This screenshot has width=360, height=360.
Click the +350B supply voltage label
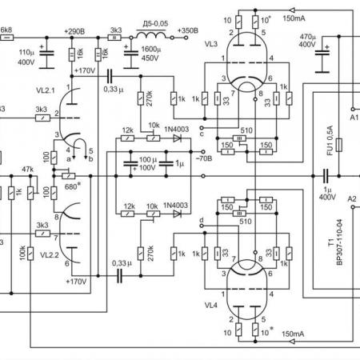click(x=188, y=30)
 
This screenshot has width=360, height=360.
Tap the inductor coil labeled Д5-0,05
click(x=151, y=35)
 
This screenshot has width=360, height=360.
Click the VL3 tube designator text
click(x=211, y=44)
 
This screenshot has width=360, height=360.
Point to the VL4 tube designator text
click(x=211, y=306)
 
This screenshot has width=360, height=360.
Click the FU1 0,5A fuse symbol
click(x=338, y=145)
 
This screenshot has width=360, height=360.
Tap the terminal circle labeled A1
click(x=353, y=109)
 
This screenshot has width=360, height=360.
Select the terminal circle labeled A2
click(x=353, y=207)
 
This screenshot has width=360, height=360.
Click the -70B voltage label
click(x=204, y=158)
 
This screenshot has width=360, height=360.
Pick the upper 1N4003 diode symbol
click(x=177, y=138)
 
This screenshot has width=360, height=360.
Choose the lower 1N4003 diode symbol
click(x=177, y=214)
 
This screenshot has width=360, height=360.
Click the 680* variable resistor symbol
click(x=68, y=176)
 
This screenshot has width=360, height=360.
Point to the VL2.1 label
click(x=46, y=90)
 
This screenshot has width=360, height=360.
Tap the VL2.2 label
click(x=50, y=255)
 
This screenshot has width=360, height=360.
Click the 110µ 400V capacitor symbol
click(x=47, y=53)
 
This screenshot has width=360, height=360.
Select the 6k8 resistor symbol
click(x=7, y=38)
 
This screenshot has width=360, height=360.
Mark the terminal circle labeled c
click(x=202, y=128)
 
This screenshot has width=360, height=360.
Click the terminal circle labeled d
click(x=202, y=226)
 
